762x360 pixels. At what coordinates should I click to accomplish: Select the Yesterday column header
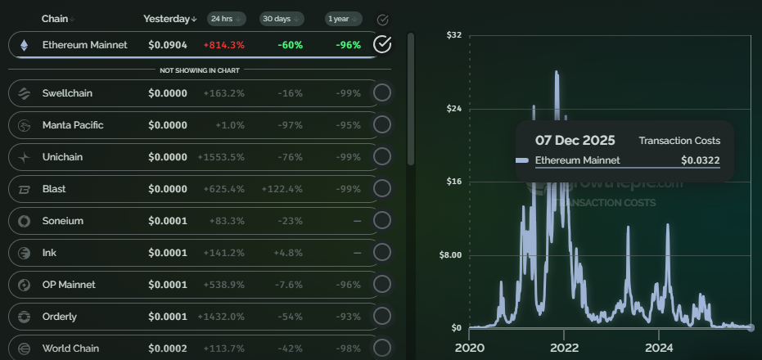(x=169, y=18)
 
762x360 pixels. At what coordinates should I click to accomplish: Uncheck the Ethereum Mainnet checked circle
(x=381, y=44)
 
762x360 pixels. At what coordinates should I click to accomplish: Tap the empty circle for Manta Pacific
(x=381, y=125)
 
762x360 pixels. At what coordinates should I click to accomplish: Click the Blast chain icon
(x=25, y=189)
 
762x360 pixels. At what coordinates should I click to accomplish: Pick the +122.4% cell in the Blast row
(x=282, y=189)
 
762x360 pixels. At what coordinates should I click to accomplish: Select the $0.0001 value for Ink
(x=167, y=253)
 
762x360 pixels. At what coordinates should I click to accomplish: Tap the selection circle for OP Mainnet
(x=381, y=285)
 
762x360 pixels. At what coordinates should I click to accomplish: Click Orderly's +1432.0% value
(x=221, y=317)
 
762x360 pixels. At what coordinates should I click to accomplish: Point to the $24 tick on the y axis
(x=453, y=109)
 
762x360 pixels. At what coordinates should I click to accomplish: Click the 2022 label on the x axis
(x=564, y=348)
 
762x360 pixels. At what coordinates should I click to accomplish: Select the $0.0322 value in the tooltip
(x=700, y=160)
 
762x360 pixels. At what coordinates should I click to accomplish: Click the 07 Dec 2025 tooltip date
(x=575, y=141)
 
